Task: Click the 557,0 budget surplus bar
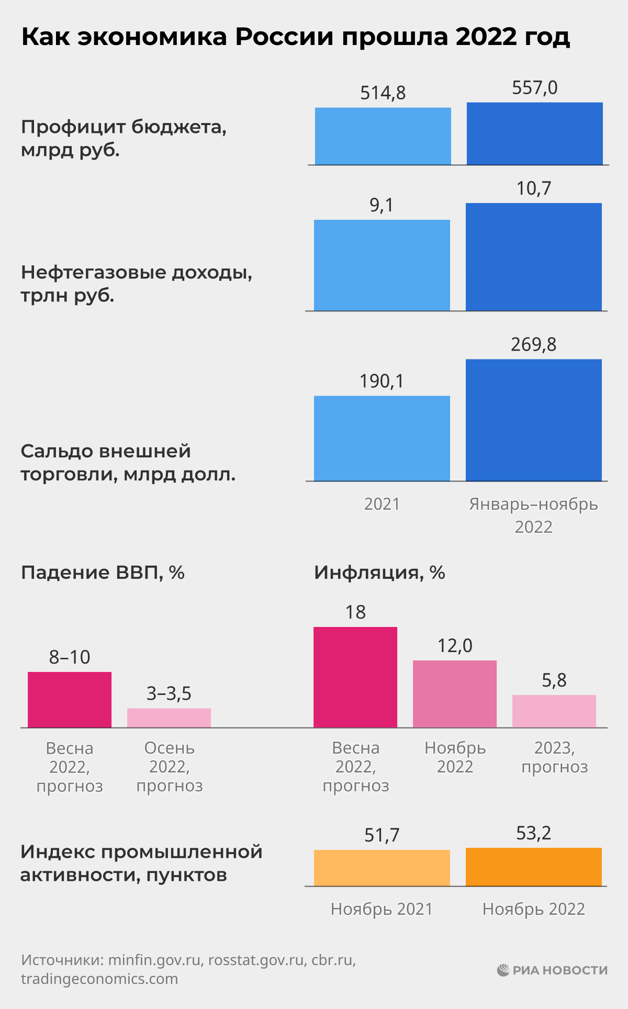[x=534, y=133]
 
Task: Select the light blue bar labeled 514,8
[x=383, y=136]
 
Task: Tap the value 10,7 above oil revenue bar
[x=534, y=188]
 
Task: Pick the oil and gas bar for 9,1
[x=382, y=265]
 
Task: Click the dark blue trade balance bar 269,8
[x=533, y=420]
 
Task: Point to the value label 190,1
[x=382, y=382]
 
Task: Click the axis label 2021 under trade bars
[x=382, y=504]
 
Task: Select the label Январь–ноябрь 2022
[x=533, y=515]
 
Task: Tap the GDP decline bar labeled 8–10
[x=70, y=699]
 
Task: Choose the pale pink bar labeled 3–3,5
[x=169, y=717]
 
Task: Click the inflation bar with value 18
[x=355, y=677]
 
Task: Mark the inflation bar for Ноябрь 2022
[x=454, y=693]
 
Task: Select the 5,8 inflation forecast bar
[x=554, y=711]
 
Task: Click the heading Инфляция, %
[x=379, y=573]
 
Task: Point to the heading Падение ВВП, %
[x=103, y=573]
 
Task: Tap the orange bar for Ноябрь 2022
[x=533, y=867]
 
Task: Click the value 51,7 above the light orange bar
[x=382, y=835]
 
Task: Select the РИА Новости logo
[x=552, y=970]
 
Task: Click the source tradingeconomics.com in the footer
[x=99, y=979]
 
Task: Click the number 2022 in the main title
[x=486, y=37]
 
